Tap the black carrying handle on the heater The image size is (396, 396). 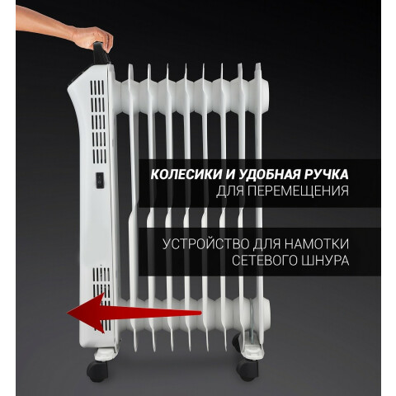tap(101, 54)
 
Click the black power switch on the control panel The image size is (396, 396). tap(100, 181)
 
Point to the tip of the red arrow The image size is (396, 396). tap(68, 313)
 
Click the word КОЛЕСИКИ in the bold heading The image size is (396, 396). tap(186, 174)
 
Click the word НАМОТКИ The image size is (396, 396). tap(317, 244)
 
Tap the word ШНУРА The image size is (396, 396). tap(326, 261)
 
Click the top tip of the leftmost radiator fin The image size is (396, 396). tap(130, 65)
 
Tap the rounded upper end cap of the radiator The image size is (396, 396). tap(262, 96)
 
